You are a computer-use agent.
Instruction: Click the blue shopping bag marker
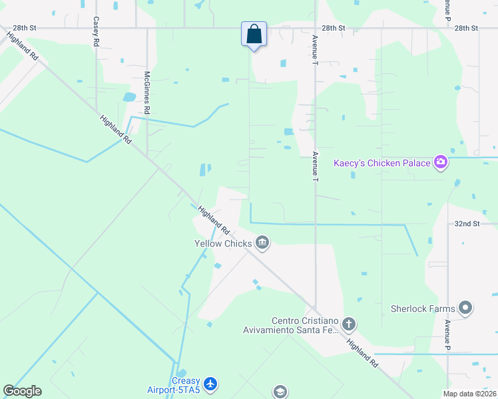tap(254, 34)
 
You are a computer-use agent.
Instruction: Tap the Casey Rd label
tap(97, 31)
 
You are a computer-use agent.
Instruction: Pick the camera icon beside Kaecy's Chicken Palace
tap(439, 162)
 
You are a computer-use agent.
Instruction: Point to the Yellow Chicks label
tap(223, 243)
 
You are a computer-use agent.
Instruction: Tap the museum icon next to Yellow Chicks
tap(262, 243)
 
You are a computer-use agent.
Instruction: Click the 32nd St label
tap(467, 224)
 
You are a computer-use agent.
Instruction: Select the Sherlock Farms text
tap(423, 309)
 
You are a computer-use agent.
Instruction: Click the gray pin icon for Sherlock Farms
tap(465, 309)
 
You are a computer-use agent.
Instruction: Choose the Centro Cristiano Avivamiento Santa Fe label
tap(304, 326)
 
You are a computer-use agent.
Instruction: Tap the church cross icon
tap(349, 325)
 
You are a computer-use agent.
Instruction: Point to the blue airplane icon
tap(210, 384)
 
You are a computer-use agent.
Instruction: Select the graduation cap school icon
tap(280, 392)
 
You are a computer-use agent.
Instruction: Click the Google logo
tap(22, 391)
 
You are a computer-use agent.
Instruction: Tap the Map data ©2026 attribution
tap(468, 394)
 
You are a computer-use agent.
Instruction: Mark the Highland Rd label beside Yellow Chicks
tap(213, 219)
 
